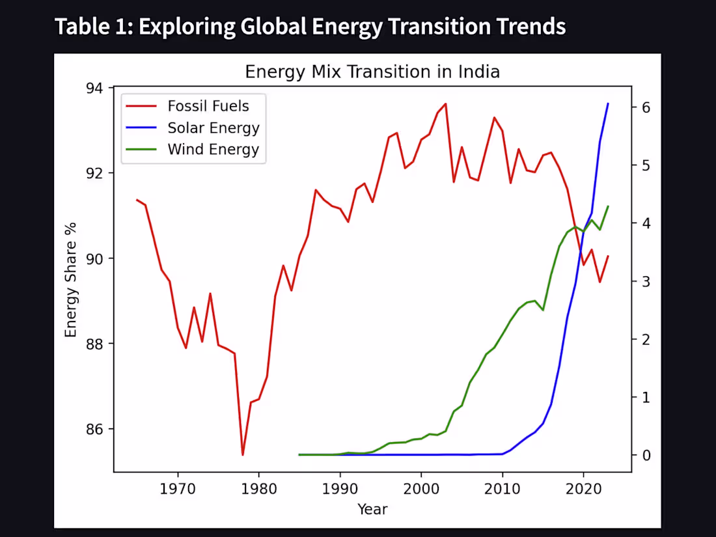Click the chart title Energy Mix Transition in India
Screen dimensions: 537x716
(372, 72)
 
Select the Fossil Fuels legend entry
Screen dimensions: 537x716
(208, 105)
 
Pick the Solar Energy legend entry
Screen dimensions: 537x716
(213, 128)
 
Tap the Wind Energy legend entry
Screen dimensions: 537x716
(213, 149)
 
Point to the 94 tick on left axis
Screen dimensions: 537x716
(99, 88)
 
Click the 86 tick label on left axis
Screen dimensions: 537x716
(99, 430)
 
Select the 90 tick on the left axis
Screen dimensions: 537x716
(99, 258)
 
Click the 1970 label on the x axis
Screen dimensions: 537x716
(178, 488)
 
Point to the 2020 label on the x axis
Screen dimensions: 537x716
(583, 488)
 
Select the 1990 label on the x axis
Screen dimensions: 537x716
(340, 488)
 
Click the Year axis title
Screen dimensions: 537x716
(372, 509)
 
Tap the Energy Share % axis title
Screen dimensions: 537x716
(71, 280)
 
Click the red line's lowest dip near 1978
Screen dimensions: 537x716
(243, 454)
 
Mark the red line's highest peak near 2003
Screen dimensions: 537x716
(445, 103)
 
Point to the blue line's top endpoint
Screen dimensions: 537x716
(608, 103)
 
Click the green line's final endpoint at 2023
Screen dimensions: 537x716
(608, 206)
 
